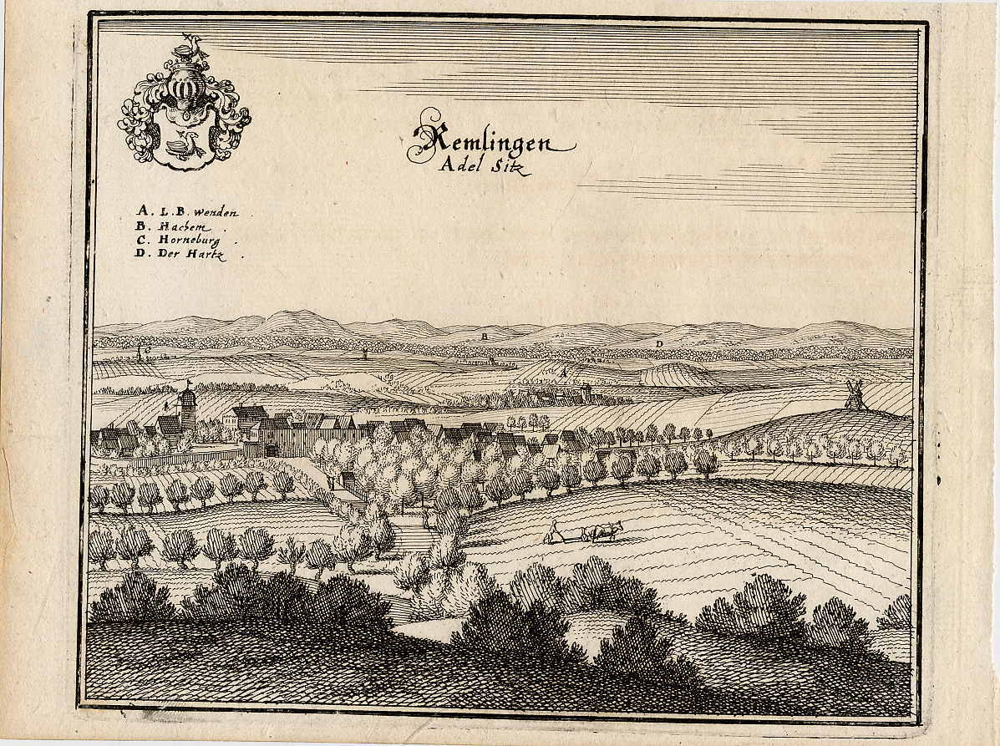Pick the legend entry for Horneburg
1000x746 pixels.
point(189,241)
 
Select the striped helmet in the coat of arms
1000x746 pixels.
point(184,88)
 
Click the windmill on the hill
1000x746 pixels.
point(854,394)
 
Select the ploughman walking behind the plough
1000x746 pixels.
point(553,531)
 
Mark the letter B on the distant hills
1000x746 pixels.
point(484,334)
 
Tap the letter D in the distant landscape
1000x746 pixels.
point(659,343)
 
